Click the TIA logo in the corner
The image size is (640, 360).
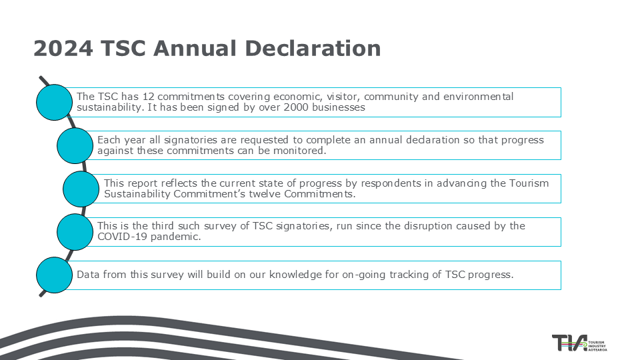(x=579, y=343)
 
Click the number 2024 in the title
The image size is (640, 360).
(x=63, y=48)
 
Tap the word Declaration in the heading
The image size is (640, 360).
(x=313, y=48)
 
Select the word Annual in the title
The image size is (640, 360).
(x=195, y=48)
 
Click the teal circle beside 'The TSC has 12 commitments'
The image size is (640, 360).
(x=54, y=102)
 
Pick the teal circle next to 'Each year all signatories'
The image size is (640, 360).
(x=75, y=146)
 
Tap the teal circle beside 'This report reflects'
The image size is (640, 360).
(x=81, y=189)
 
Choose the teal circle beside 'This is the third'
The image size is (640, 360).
(x=75, y=232)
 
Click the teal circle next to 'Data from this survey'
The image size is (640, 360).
(x=54, y=275)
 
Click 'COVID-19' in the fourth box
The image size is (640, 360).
(x=122, y=237)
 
